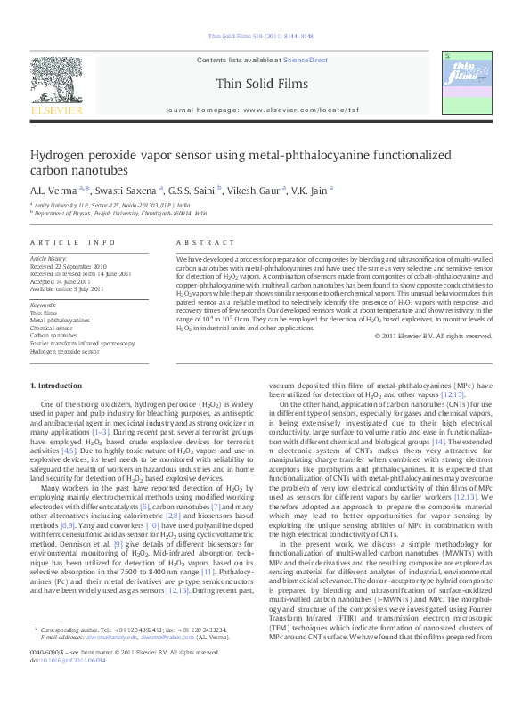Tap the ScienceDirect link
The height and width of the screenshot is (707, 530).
pos(306,61)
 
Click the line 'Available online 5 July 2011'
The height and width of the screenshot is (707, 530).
pos(68,288)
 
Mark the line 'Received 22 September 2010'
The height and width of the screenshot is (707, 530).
pos(69,266)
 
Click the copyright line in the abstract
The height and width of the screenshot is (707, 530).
pos(433,336)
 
